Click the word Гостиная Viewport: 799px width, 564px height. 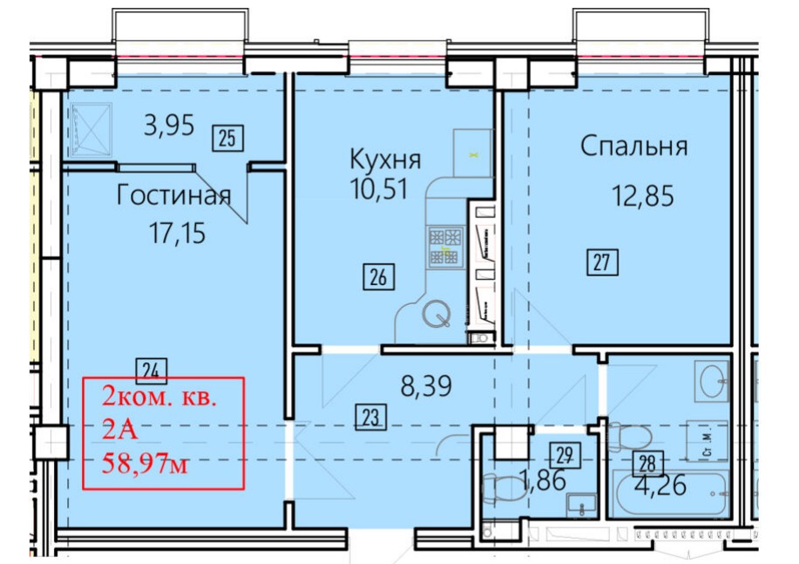pyautogui.click(x=173, y=195)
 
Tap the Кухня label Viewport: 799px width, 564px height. pyautogui.click(x=385, y=160)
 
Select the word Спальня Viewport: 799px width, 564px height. pyautogui.click(x=634, y=146)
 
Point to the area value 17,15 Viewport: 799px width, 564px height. pyautogui.click(x=178, y=233)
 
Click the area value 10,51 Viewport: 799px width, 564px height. pyautogui.click(x=379, y=188)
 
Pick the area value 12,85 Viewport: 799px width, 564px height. pyautogui.click(x=643, y=196)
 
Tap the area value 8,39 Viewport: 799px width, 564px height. pyautogui.click(x=426, y=386)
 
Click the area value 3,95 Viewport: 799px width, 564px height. pyautogui.click(x=169, y=125)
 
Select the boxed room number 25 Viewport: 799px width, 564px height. pyautogui.click(x=227, y=139)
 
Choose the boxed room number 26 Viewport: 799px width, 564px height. pyautogui.click(x=379, y=277)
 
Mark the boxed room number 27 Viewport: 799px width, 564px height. pyautogui.click(x=602, y=262)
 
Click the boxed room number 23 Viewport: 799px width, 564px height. pyautogui.click(x=371, y=418)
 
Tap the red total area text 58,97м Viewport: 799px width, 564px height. pyautogui.click(x=145, y=464)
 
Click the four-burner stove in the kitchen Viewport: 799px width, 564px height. pyautogui.click(x=445, y=247)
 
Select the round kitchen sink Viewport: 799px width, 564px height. pyautogui.click(x=437, y=314)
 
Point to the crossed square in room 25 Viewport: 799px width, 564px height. pyautogui.click(x=91, y=130)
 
